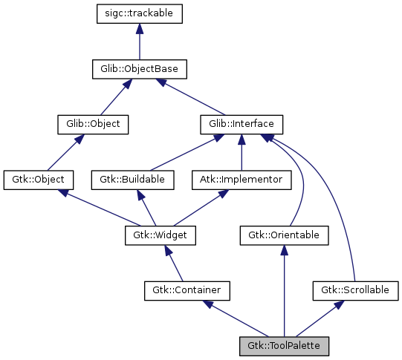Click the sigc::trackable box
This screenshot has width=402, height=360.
coord(140,13)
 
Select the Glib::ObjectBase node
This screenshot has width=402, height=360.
coord(139,69)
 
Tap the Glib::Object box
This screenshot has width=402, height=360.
coord(93,124)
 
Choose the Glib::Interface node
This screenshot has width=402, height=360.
coord(241,124)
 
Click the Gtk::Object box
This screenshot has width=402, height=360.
coord(39,180)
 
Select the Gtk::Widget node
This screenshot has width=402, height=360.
coord(159,235)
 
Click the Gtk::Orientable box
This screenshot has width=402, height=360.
coord(284,235)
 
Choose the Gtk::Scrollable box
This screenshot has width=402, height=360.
coord(355,289)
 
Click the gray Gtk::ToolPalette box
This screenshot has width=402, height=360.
coord(284,345)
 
